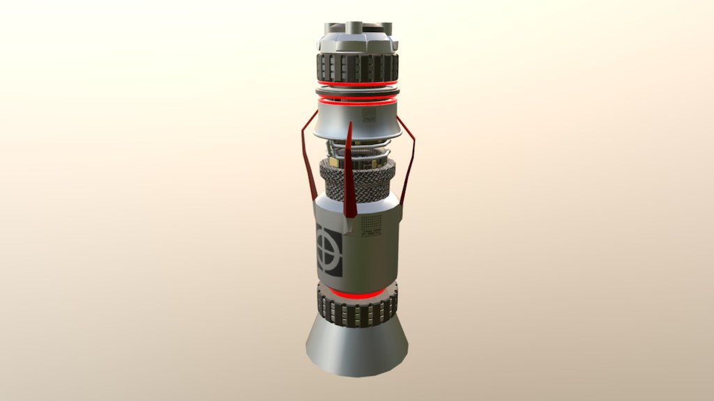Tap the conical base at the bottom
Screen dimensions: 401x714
point(357,348)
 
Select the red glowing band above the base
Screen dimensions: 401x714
point(357,293)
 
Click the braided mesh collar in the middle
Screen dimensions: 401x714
point(357,182)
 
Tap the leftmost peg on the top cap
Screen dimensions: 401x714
point(330,28)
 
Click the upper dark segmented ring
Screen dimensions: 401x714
point(357,68)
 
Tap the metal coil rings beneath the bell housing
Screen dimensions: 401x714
point(357,150)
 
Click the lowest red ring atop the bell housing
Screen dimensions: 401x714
point(357,103)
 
